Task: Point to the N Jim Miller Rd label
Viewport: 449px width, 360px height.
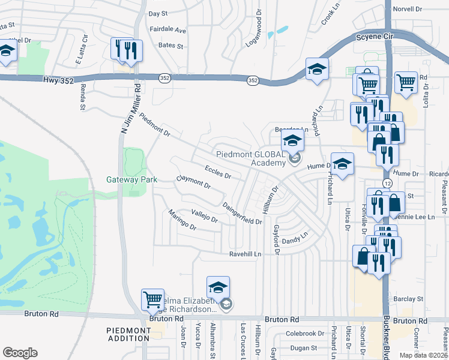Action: [131, 108]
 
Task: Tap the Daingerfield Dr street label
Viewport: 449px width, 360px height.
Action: [243, 213]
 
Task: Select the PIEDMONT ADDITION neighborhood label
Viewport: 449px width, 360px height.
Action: [128, 335]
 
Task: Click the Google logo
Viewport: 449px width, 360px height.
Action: [20, 352]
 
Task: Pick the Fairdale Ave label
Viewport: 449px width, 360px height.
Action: [167, 29]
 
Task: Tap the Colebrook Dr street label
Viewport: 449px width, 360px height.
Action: [305, 334]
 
